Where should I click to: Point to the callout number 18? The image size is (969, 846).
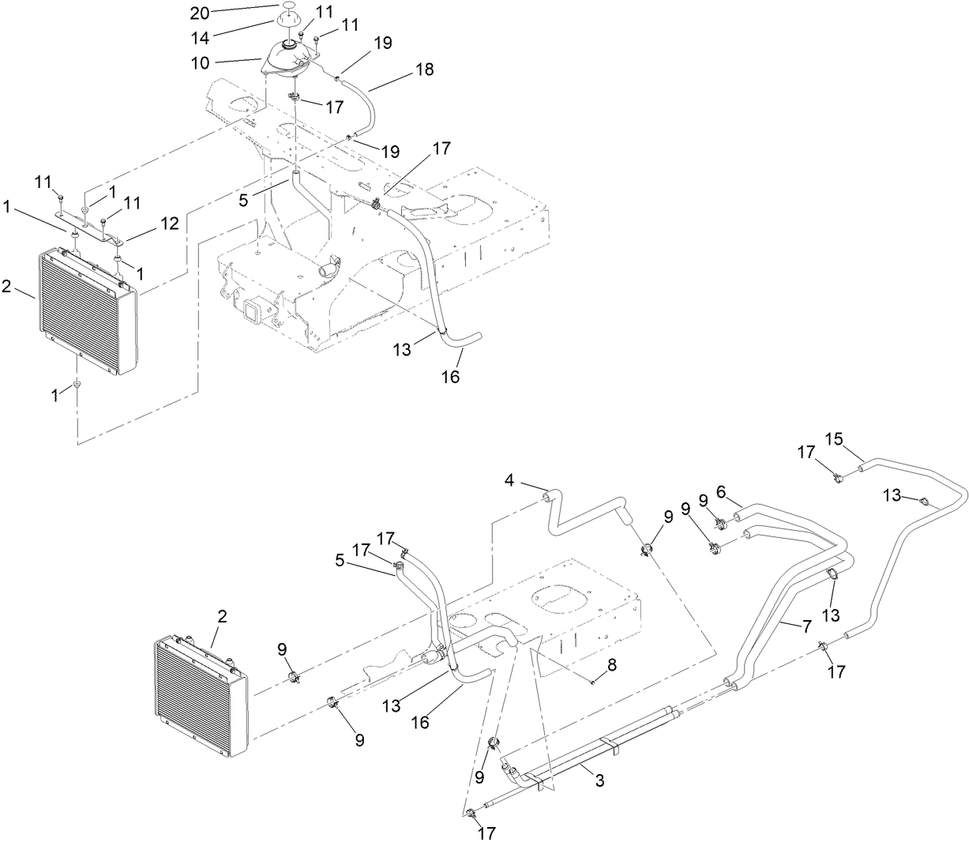pos(424,70)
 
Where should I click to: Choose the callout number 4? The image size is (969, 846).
pos(510,481)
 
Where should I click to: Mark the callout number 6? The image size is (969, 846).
pos(720,490)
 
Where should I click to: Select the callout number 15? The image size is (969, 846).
pos(834,438)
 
